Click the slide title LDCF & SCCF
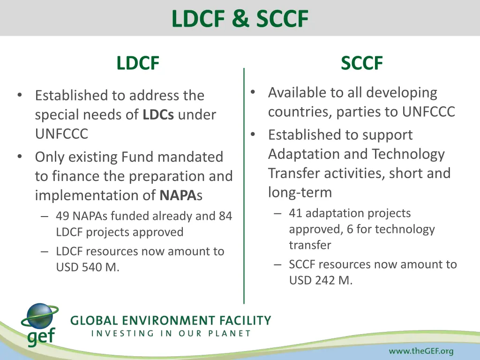pos(240,19)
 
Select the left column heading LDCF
pos(138,63)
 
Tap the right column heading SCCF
pos(362,63)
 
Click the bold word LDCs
pos(158,115)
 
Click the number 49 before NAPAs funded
pos(62,216)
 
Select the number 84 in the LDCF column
pos(225,216)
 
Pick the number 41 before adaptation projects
pos(295,213)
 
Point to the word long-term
pos(300,192)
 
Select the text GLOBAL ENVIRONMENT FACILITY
pos(171,321)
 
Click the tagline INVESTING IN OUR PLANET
pos(171,334)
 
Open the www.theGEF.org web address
pos(421,351)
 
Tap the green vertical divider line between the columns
pos(244,187)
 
